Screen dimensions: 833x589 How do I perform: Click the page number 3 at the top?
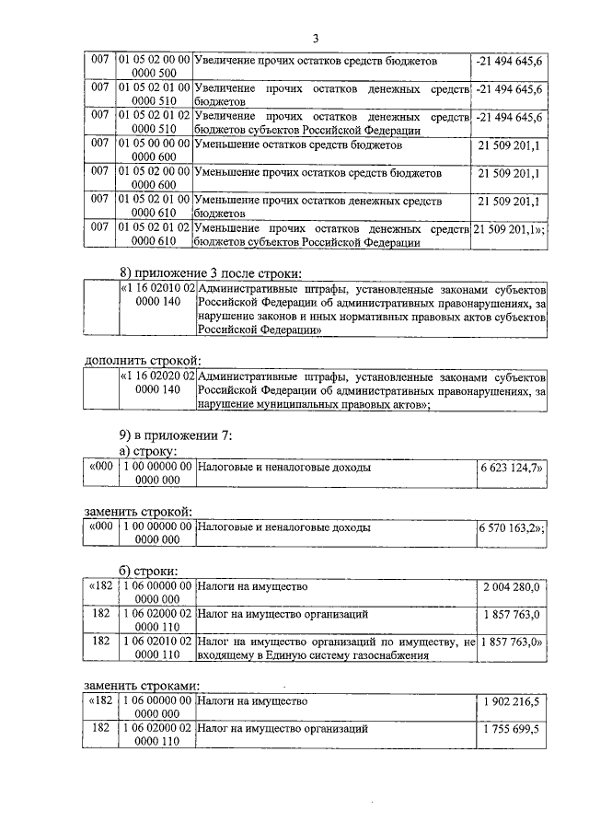coord(315,38)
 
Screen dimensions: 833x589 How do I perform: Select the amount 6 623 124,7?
coord(511,468)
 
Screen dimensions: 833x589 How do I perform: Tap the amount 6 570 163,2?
coord(511,529)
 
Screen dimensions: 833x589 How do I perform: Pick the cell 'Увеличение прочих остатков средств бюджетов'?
coord(318,60)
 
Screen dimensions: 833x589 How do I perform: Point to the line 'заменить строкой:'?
coord(139,511)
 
